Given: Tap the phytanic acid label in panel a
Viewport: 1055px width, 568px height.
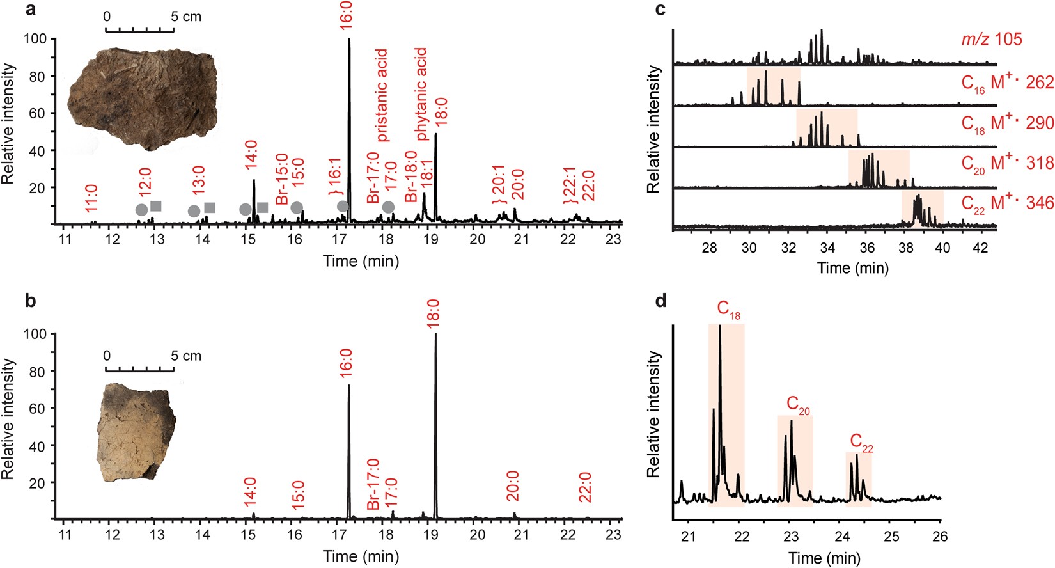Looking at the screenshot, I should (421, 94).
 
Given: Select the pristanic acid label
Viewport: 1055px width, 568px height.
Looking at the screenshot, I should (382, 95).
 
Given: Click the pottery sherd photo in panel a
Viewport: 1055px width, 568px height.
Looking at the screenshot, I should (143, 97).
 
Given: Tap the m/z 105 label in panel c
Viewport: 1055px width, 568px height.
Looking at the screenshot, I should (992, 40).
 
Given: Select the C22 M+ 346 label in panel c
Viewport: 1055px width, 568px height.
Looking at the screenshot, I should (1007, 203).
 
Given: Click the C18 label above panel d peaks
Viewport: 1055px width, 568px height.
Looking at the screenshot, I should (728, 310).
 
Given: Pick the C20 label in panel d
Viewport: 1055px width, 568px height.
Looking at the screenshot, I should (797, 405).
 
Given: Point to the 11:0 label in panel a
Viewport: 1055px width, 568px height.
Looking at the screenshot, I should (91, 198).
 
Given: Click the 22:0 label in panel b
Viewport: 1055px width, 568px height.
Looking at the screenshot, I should (585, 487).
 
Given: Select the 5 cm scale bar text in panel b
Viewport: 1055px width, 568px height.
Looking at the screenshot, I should (186, 356).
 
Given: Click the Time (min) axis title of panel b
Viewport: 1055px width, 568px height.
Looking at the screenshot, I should (361, 556).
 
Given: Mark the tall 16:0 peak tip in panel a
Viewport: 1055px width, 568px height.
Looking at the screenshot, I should (349, 40).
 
